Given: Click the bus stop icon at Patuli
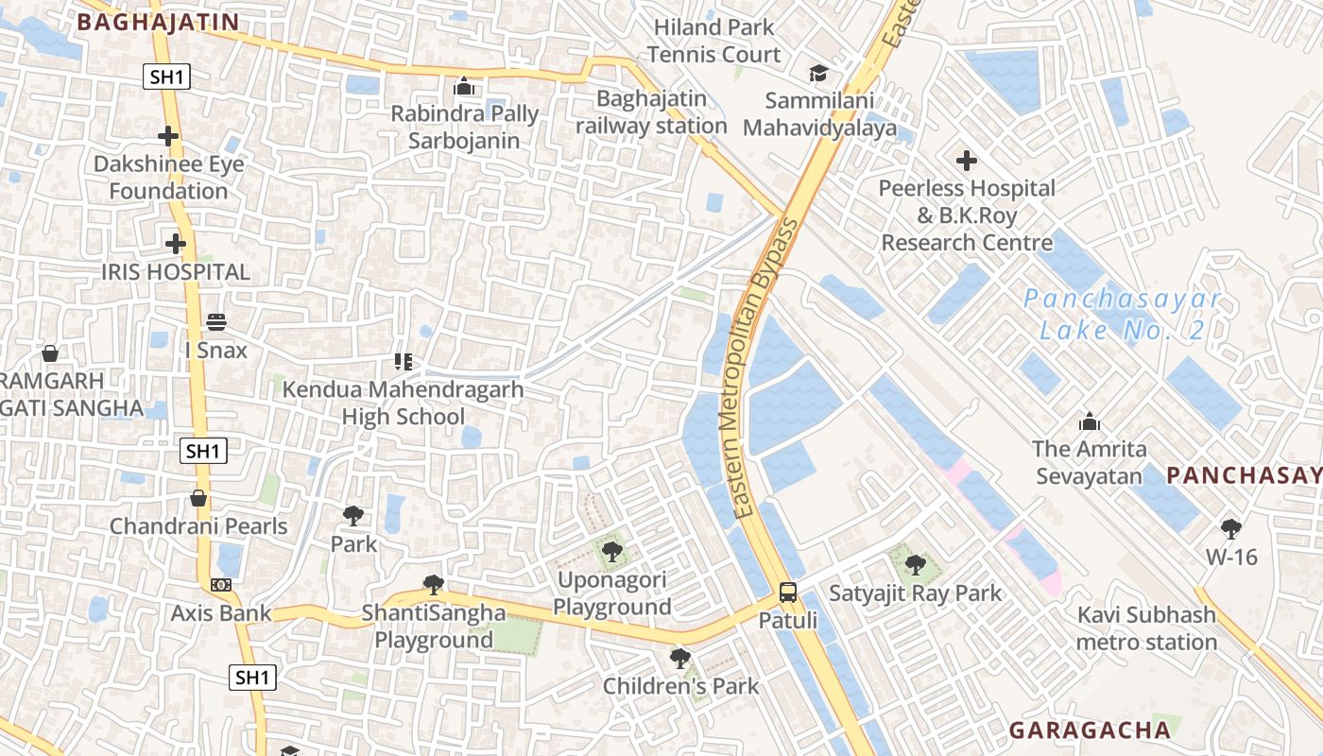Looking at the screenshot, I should coord(787,593).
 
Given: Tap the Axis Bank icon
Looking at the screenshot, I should coord(221,585).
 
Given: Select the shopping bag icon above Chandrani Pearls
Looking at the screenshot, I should coord(198,498).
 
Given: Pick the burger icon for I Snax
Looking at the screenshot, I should coord(216,322).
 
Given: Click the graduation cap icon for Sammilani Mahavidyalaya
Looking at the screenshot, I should coord(818,73).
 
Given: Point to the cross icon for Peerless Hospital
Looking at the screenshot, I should coord(966,161).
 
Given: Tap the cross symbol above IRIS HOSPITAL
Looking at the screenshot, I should coord(175,244).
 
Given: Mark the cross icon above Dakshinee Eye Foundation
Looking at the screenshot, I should coord(168,136).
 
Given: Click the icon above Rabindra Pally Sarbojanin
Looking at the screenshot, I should coord(464,87).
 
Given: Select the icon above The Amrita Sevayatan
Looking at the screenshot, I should coord(1089,421).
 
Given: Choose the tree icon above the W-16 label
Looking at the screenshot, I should coord(1230,528).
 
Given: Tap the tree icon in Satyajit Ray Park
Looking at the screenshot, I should coord(914,565).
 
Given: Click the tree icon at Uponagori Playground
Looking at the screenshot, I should coord(611,551).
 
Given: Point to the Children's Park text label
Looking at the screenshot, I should coord(680,686).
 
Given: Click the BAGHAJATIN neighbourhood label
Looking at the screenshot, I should coord(158,22).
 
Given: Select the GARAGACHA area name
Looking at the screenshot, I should coord(1090,730).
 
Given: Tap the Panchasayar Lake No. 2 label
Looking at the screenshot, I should coord(1122,316).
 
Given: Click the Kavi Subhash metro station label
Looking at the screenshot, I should coord(1147,629).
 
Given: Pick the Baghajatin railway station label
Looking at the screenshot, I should coord(651,112).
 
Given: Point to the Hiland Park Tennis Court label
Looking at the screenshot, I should coord(714,41).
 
